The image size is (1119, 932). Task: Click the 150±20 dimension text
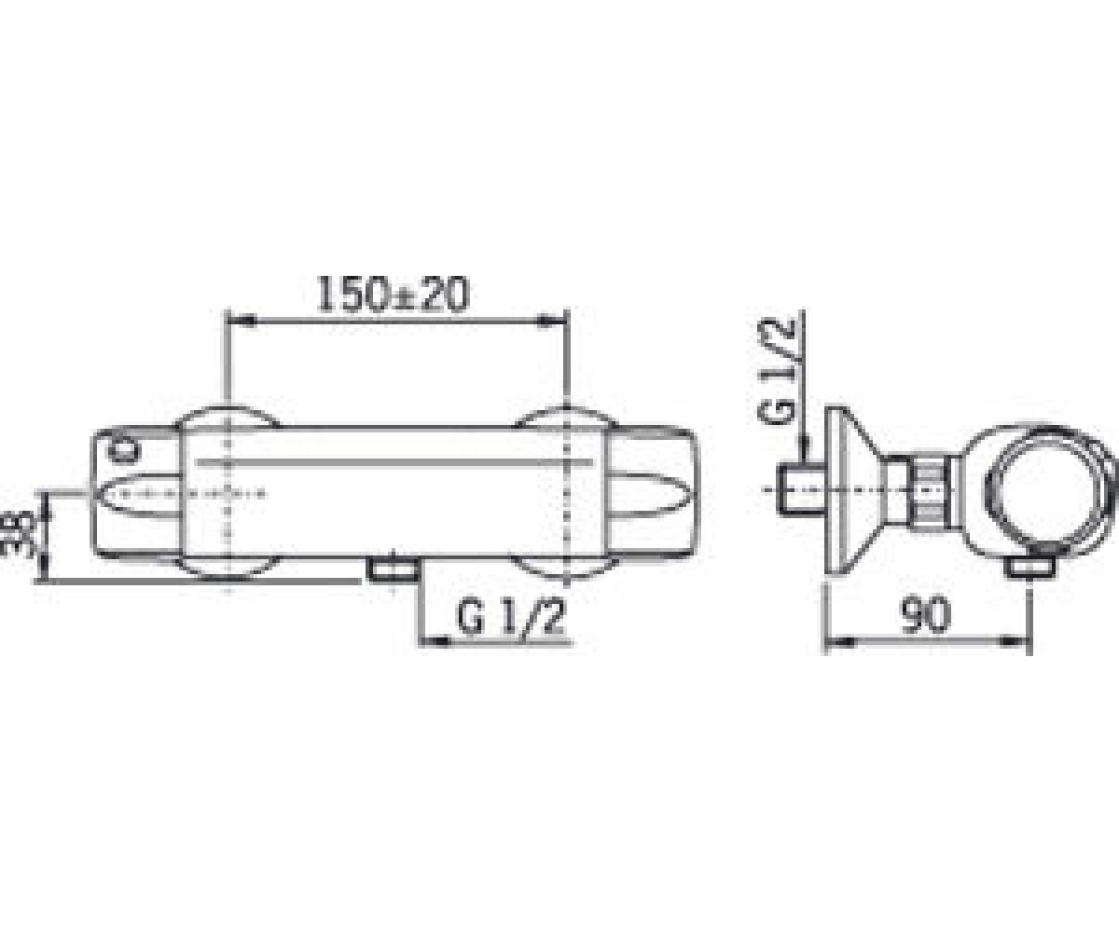[x=393, y=295]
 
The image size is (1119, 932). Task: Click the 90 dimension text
[x=926, y=615]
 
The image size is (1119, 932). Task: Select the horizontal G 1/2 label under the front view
[x=511, y=616]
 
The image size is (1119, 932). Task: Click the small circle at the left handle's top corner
[x=123, y=451]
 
